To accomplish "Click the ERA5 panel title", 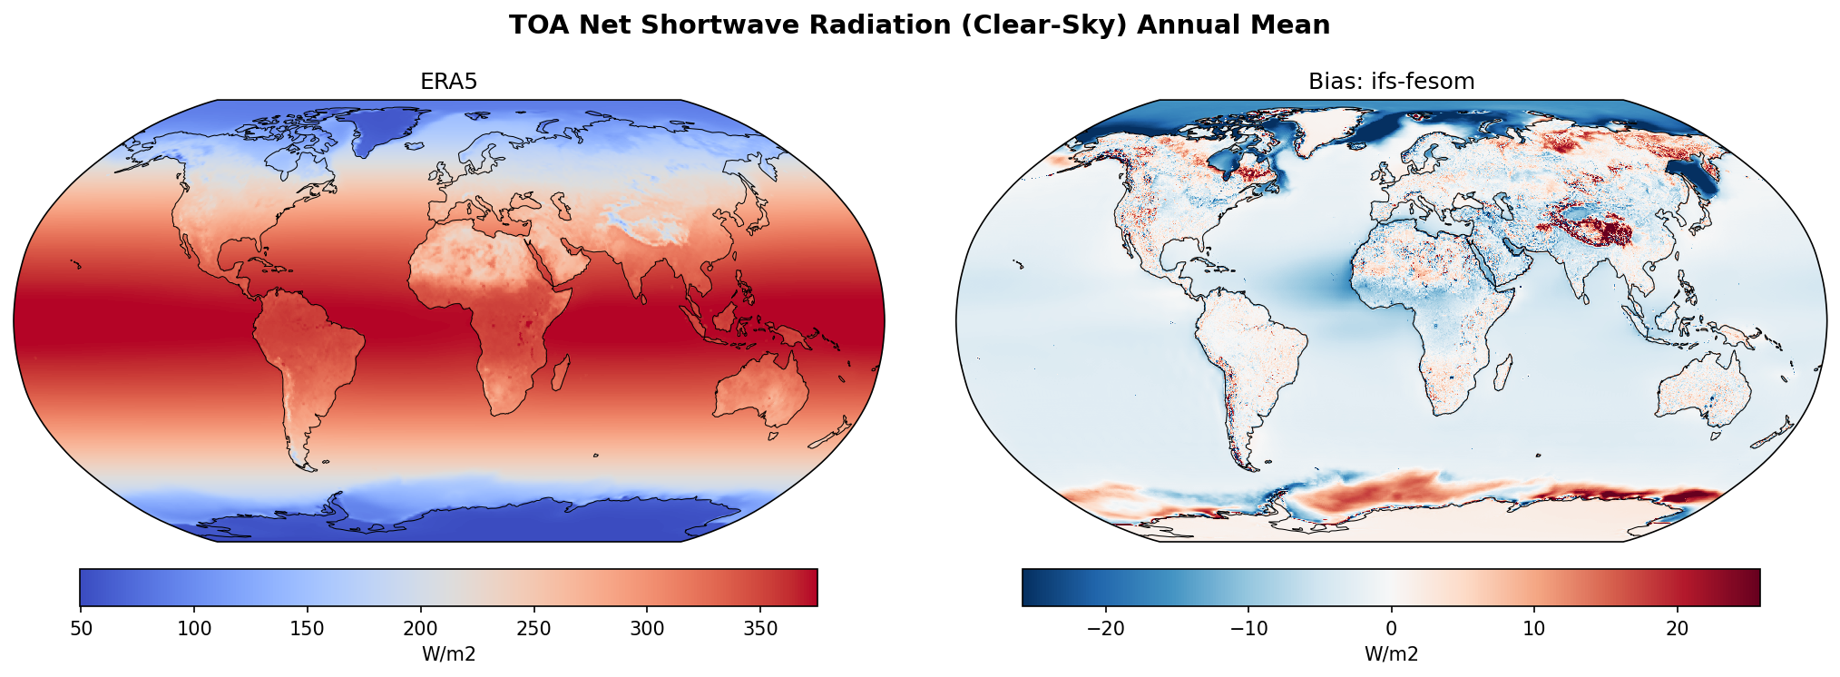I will pos(448,82).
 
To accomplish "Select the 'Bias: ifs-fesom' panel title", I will pos(1391,82).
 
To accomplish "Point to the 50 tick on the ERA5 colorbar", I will pos(82,629).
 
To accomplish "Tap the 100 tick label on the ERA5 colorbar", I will pos(194,629).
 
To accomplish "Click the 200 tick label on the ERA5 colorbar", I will pos(420,629).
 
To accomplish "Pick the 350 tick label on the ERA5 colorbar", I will pos(759,629).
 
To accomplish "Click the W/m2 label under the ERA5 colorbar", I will pos(448,654).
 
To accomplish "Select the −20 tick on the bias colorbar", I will pos(1105,629).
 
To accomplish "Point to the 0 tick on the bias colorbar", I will pos(1391,629).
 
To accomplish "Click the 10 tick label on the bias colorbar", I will pos(1534,629).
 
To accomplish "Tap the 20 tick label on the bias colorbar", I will pos(1677,629).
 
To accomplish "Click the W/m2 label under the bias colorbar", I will pos(1391,654).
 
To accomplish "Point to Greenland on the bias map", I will pos(1326,127).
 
